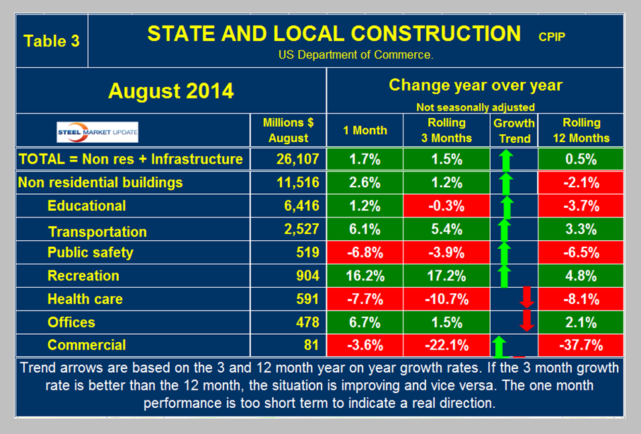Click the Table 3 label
tap(52, 41)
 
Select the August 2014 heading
tap(172, 91)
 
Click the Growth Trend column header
tap(514, 130)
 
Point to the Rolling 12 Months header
tap(581, 130)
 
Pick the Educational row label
tap(87, 206)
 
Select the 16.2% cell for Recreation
tap(365, 276)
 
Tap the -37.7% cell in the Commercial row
tap(581, 345)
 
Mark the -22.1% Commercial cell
tap(446, 345)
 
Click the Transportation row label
tap(97, 232)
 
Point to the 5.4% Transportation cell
tap(446, 229)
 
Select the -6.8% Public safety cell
tap(365, 253)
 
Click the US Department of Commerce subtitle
tap(356, 55)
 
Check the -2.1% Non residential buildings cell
tap(581, 182)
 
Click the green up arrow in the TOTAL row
tap(505, 160)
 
